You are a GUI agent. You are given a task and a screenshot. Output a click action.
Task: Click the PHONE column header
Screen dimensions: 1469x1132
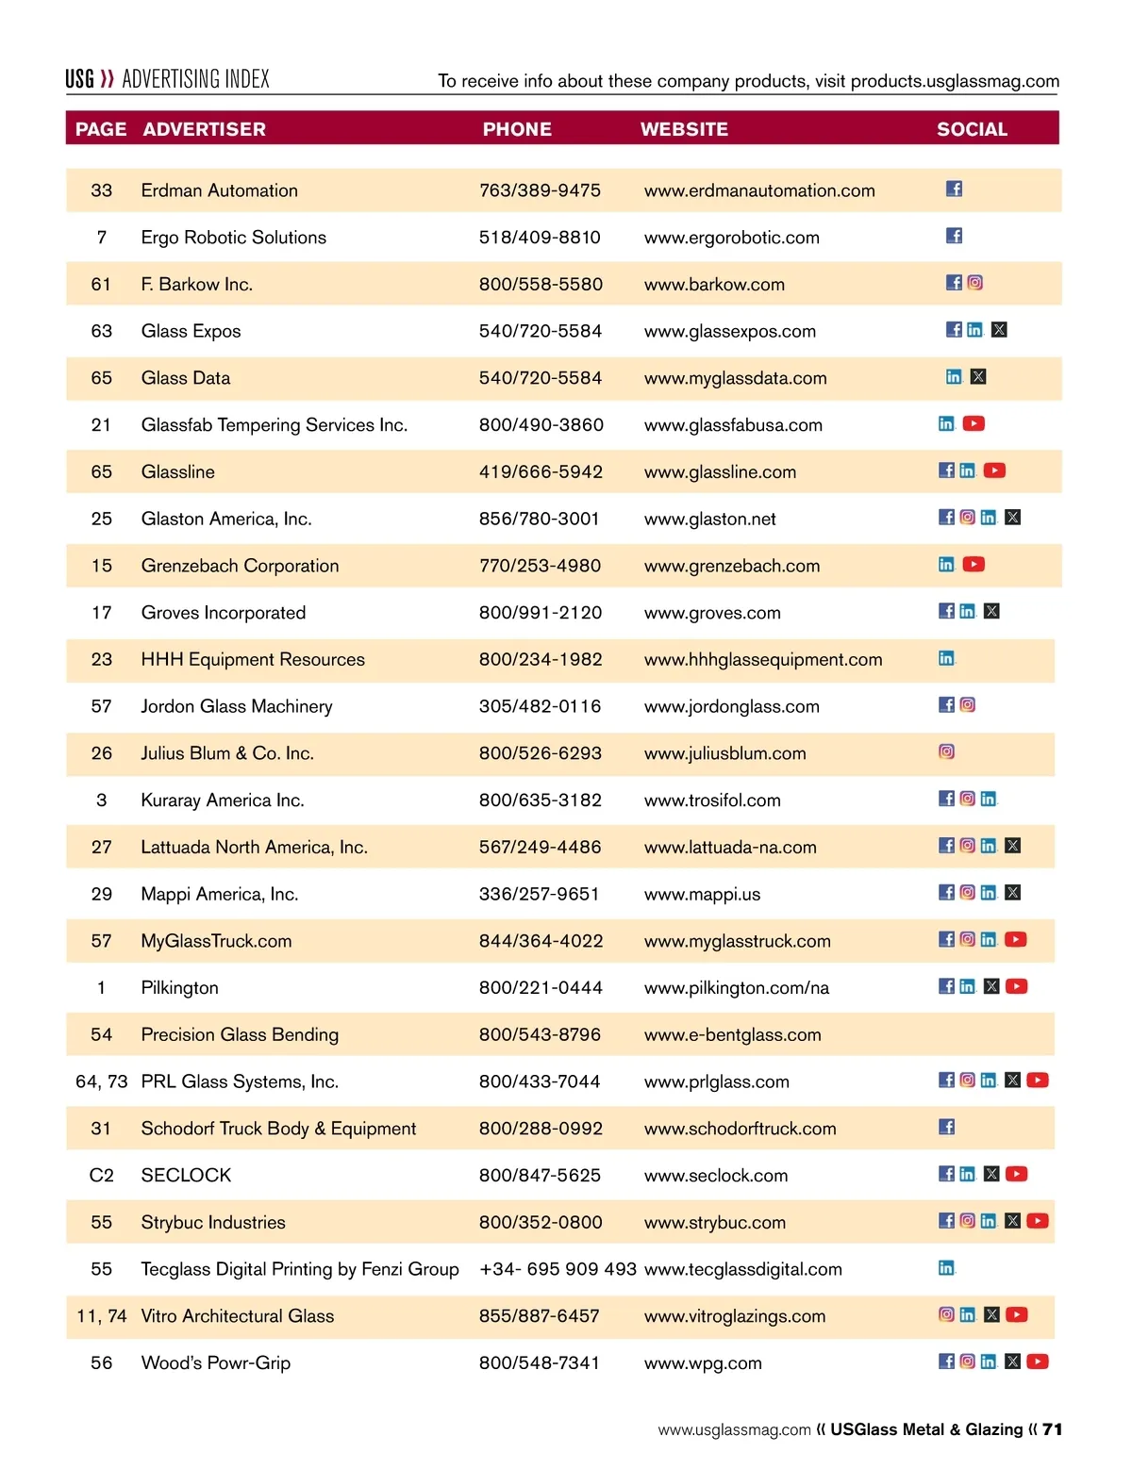[x=517, y=129]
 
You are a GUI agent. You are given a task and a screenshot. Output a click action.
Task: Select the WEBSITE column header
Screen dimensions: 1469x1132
[x=684, y=129]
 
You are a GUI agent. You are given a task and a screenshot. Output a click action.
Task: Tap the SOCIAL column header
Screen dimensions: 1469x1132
[x=972, y=129]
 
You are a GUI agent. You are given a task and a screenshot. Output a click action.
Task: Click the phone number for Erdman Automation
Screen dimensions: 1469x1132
[x=540, y=190]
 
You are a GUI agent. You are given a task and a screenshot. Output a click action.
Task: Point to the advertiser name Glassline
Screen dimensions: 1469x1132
[x=178, y=471]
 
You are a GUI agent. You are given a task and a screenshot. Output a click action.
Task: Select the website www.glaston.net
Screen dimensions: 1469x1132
[x=709, y=519]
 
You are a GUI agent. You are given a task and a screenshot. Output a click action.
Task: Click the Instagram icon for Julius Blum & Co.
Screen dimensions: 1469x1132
[x=946, y=751]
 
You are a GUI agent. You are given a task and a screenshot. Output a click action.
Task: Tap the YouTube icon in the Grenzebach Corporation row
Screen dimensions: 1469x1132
[x=974, y=564]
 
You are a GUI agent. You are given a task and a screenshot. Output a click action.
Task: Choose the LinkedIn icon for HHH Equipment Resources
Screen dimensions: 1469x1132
[x=946, y=658]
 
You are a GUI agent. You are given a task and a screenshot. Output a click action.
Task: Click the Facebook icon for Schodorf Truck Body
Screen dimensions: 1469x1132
[x=946, y=1127]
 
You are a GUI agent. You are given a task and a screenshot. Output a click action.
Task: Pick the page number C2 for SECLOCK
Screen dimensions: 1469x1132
[x=101, y=1175]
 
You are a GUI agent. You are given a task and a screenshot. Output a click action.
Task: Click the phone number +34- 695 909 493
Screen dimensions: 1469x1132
[x=558, y=1269]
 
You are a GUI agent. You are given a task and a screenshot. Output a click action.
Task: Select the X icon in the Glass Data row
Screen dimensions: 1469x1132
[x=978, y=376]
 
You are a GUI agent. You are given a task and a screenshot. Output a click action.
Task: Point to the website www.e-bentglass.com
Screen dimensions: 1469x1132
[x=732, y=1034]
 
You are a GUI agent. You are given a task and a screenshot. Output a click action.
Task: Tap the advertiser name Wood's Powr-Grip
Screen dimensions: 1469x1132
[x=216, y=1362]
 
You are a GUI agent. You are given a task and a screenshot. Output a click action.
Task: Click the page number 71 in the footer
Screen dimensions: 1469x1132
[x=1052, y=1429]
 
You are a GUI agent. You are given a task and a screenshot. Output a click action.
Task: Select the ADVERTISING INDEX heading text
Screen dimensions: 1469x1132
[x=195, y=79]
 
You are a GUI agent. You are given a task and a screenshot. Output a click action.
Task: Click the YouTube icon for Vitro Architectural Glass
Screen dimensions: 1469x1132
[x=1016, y=1314]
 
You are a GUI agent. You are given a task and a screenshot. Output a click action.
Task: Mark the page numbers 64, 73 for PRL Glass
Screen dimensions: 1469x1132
[x=101, y=1081]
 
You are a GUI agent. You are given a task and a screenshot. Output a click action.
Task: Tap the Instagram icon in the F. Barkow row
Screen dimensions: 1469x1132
[x=974, y=282]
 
